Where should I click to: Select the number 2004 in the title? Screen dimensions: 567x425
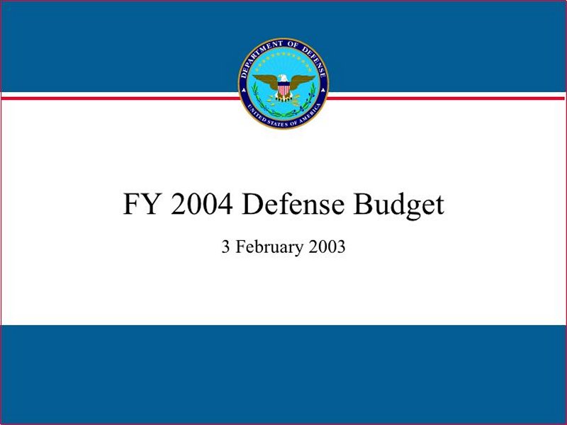point(201,204)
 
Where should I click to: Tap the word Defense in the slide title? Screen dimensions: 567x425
point(293,204)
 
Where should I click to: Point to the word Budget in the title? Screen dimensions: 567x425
point(398,205)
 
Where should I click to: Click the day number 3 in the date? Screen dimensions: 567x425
point(225,246)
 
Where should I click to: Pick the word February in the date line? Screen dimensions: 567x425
point(270,248)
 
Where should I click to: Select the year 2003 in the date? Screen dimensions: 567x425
point(327,246)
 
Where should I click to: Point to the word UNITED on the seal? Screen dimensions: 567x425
point(256,113)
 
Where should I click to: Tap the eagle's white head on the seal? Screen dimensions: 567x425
point(283,79)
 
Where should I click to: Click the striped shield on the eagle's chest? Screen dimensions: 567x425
point(283,88)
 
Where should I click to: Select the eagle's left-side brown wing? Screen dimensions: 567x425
point(265,81)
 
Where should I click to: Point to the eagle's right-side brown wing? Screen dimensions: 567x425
point(302,81)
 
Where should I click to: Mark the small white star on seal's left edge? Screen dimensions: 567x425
point(244,91)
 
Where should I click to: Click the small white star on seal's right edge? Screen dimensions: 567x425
point(323,91)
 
